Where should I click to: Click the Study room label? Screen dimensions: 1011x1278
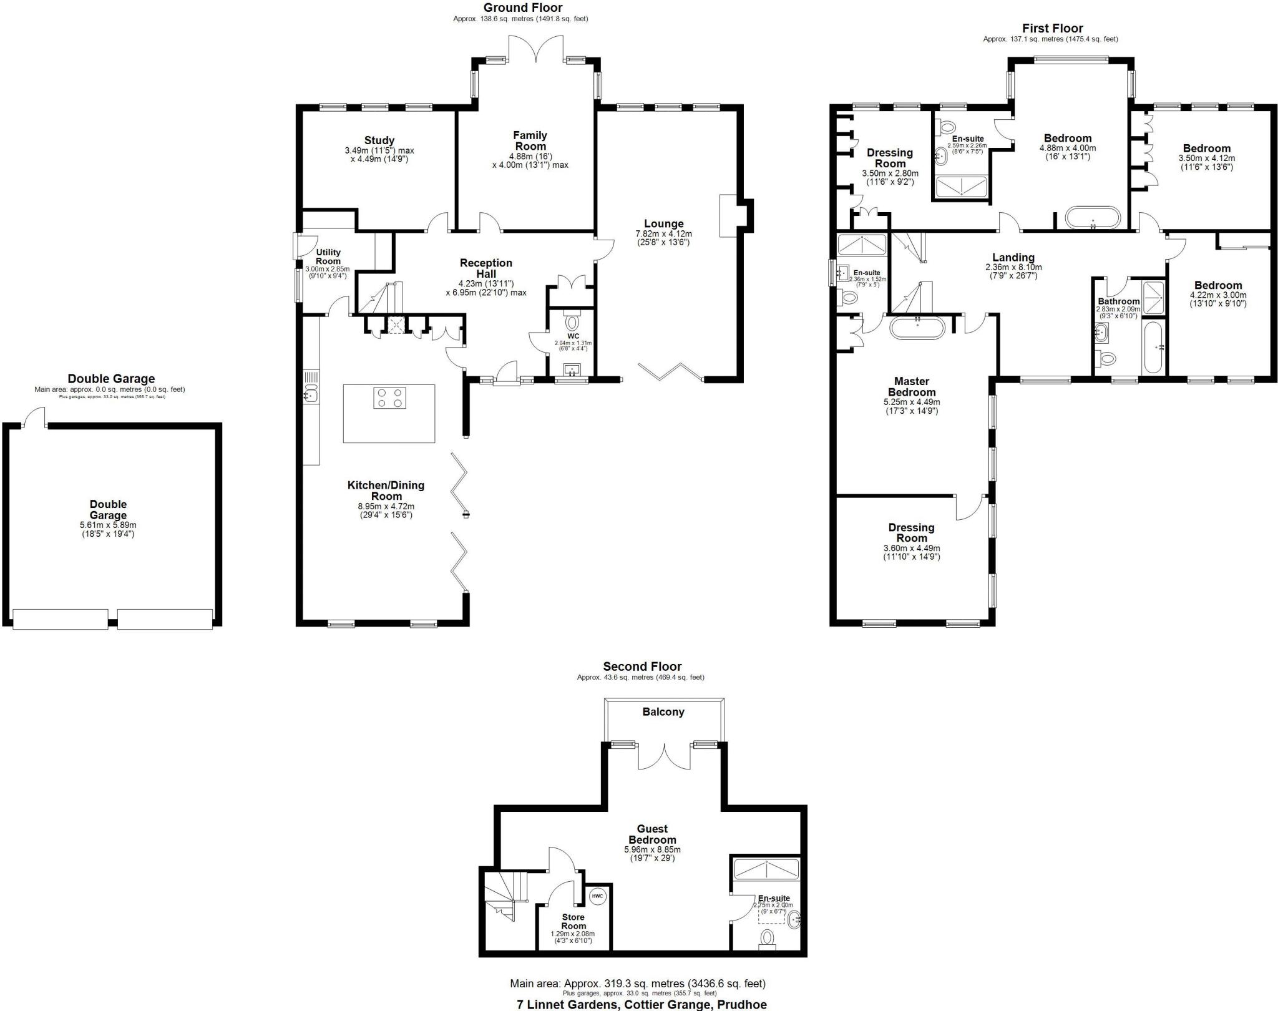click(379, 140)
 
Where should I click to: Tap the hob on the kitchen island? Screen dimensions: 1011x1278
click(389, 398)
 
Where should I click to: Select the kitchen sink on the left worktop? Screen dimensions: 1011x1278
click(311, 394)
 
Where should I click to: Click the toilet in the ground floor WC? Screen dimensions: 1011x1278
click(572, 322)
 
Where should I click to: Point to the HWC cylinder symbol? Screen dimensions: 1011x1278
click(597, 896)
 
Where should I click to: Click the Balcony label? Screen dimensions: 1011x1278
click(663, 712)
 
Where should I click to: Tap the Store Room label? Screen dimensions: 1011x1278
click(573, 921)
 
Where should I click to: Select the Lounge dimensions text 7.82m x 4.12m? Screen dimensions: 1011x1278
click(663, 234)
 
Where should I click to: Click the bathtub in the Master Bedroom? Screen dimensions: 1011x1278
click(917, 328)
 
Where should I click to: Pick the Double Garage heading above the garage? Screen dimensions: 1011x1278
click(111, 378)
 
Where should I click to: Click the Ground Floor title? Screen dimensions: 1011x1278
click(523, 7)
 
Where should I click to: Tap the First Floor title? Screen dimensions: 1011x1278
click(1052, 28)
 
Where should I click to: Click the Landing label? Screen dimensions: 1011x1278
click(1013, 257)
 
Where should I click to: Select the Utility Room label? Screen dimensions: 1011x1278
click(328, 256)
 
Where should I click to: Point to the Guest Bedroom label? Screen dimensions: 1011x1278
click(652, 834)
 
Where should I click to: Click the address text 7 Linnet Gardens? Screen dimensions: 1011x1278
click(641, 1005)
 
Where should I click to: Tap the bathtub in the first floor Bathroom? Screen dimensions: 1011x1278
click(1153, 347)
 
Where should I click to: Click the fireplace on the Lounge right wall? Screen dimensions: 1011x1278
click(729, 215)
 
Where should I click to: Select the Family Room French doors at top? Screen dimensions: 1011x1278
click(535, 49)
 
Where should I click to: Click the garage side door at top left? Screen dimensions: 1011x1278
click(34, 418)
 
